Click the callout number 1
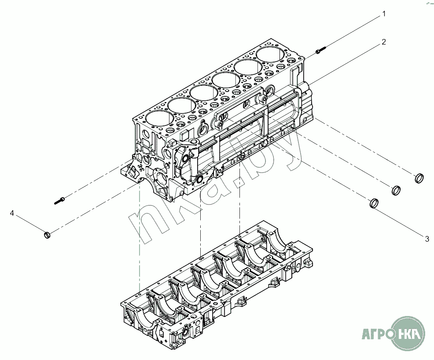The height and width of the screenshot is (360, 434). point(384,14)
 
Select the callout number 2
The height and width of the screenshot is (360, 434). point(384,42)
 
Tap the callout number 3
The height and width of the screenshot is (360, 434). point(427,239)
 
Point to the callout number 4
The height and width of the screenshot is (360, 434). point(12,213)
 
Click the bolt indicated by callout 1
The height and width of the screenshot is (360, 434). point(321,50)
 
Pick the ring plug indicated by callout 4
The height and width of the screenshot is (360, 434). point(48,235)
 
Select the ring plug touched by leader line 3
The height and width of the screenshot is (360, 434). point(374,203)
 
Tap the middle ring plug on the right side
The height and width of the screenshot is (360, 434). point(396,190)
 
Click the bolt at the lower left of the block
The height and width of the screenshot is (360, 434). point(59,200)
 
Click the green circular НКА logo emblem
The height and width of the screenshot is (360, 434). point(408,332)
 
